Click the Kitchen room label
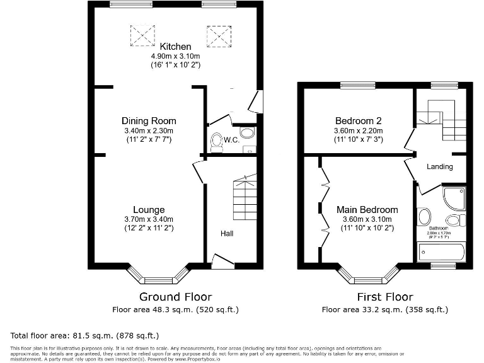[175, 47]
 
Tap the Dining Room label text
[149, 121]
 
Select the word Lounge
[149, 210]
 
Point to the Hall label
[227, 234]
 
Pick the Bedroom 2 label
[359, 121]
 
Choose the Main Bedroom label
[367, 210]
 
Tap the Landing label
[440, 167]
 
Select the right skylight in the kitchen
[218, 35]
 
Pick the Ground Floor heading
[175, 297]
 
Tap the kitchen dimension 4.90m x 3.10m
[175, 56]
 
